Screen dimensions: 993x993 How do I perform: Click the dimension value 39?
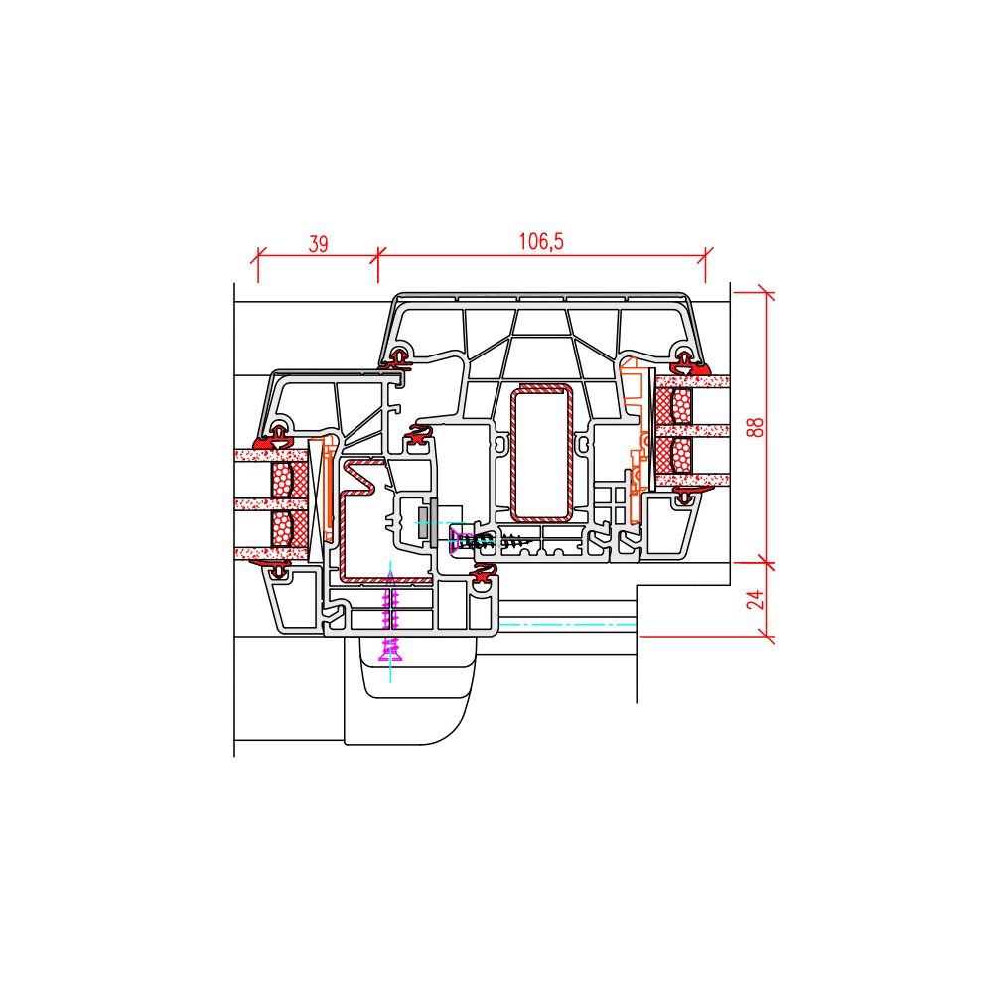(x=318, y=244)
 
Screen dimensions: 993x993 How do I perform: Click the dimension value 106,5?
(x=541, y=242)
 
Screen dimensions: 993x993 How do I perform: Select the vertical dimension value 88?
(x=755, y=427)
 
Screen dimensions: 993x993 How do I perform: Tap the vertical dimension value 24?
(x=755, y=599)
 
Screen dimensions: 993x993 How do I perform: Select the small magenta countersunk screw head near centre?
(x=454, y=539)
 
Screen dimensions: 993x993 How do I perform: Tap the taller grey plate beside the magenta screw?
(x=434, y=522)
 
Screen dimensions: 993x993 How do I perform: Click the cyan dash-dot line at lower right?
(x=567, y=625)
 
